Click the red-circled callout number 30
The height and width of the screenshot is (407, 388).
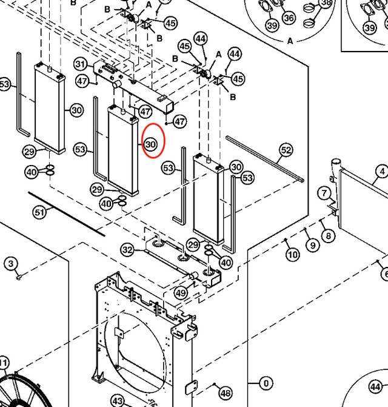[151, 144]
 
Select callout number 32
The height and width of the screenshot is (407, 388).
[127, 249]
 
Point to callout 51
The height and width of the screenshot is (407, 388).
[40, 212]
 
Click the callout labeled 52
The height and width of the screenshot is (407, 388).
[286, 150]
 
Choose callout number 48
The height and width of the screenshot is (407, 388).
[226, 393]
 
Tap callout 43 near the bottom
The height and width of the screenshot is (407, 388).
[118, 402]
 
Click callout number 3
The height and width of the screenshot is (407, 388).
[11, 263]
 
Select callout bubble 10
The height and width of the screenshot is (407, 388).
[293, 255]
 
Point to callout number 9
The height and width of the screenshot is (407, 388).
[312, 245]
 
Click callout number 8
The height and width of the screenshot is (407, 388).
[328, 235]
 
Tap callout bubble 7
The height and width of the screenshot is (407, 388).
[325, 194]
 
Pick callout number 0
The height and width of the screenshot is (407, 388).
[266, 383]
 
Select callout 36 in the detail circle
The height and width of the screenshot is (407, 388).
[289, 18]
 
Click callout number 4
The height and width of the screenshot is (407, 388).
[382, 172]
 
